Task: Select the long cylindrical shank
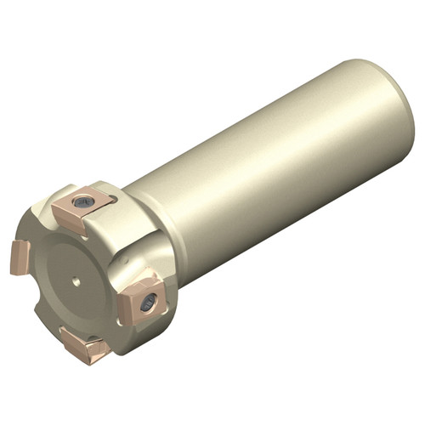tap(272, 170)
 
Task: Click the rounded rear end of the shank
tap(399, 110)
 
